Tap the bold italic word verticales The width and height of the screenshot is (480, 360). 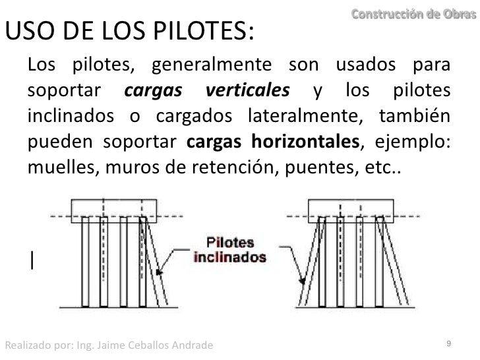click(247, 89)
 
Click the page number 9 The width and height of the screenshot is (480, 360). click(448, 344)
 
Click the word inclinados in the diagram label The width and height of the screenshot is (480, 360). click(229, 256)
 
